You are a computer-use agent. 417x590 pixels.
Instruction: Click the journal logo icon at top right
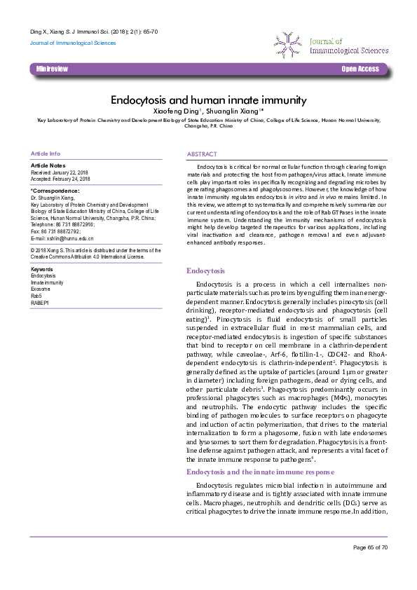287,43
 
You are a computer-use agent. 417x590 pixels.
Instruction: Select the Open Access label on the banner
360,69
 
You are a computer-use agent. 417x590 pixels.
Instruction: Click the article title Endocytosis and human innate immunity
208,100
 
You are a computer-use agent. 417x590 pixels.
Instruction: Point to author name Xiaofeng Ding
176,111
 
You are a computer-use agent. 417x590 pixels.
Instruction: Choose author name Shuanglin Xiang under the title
235,111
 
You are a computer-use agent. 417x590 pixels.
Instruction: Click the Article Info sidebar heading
46,153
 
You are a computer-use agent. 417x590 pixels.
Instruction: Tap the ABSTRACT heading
202,153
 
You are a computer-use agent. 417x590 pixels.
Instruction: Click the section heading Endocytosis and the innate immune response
259,473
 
